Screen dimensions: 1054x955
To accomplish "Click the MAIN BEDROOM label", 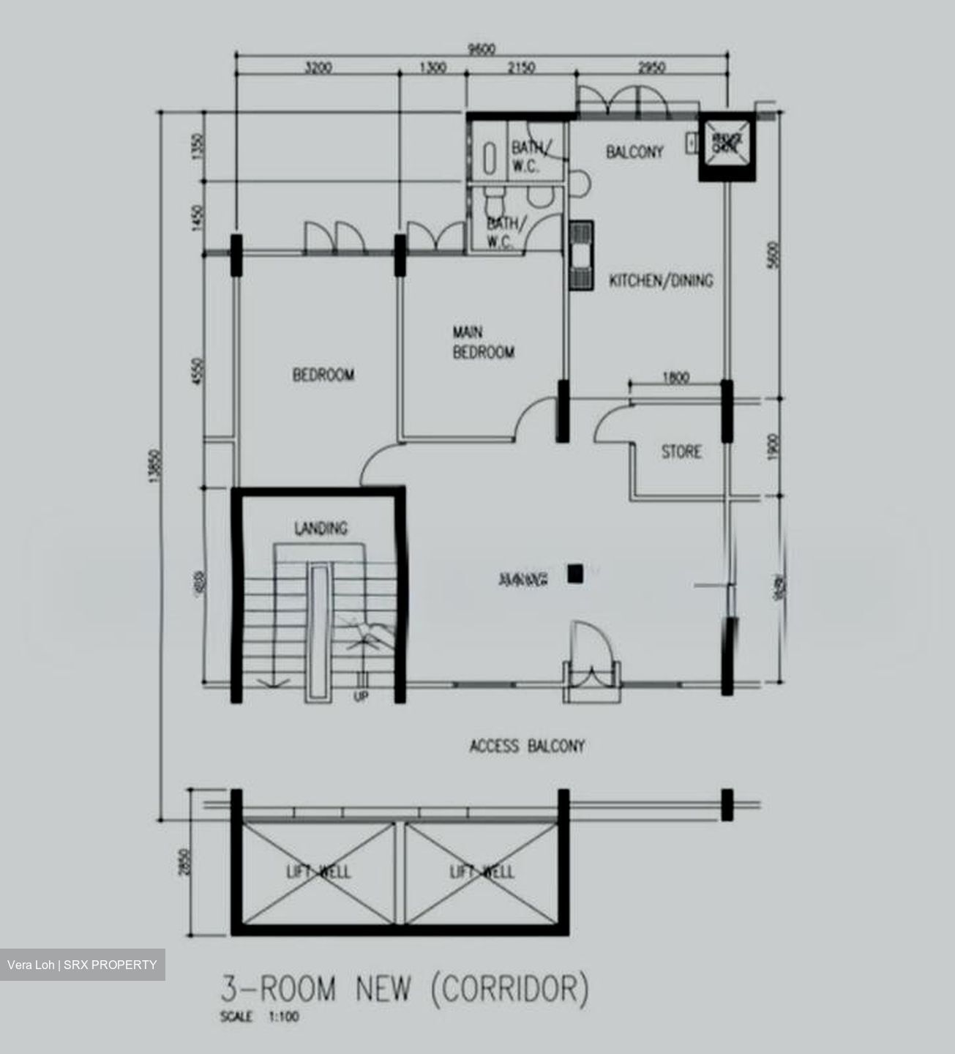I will [x=483, y=343].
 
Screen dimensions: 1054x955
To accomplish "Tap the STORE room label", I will [x=681, y=452].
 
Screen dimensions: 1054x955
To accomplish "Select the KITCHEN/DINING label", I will [x=661, y=280].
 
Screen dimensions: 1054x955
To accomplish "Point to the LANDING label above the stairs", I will [x=321, y=528].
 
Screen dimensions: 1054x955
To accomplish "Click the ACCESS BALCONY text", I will [x=527, y=747].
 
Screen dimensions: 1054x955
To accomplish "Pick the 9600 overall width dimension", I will [x=482, y=49].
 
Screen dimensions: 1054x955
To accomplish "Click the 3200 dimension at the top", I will [x=318, y=68].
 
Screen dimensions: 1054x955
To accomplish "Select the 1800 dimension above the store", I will [x=675, y=378].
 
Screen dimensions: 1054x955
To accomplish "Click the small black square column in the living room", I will [x=575, y=575].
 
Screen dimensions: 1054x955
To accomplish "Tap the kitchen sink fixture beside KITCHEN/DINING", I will [x=582, y=256].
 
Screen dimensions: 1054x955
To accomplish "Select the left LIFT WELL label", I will [x=318, y=872].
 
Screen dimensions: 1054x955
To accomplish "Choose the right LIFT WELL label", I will [x=482, y=872].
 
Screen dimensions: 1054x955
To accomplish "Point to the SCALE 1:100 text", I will [x=260, y=1017].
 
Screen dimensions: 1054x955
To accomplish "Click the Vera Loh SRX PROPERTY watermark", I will [x=82, y=965].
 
